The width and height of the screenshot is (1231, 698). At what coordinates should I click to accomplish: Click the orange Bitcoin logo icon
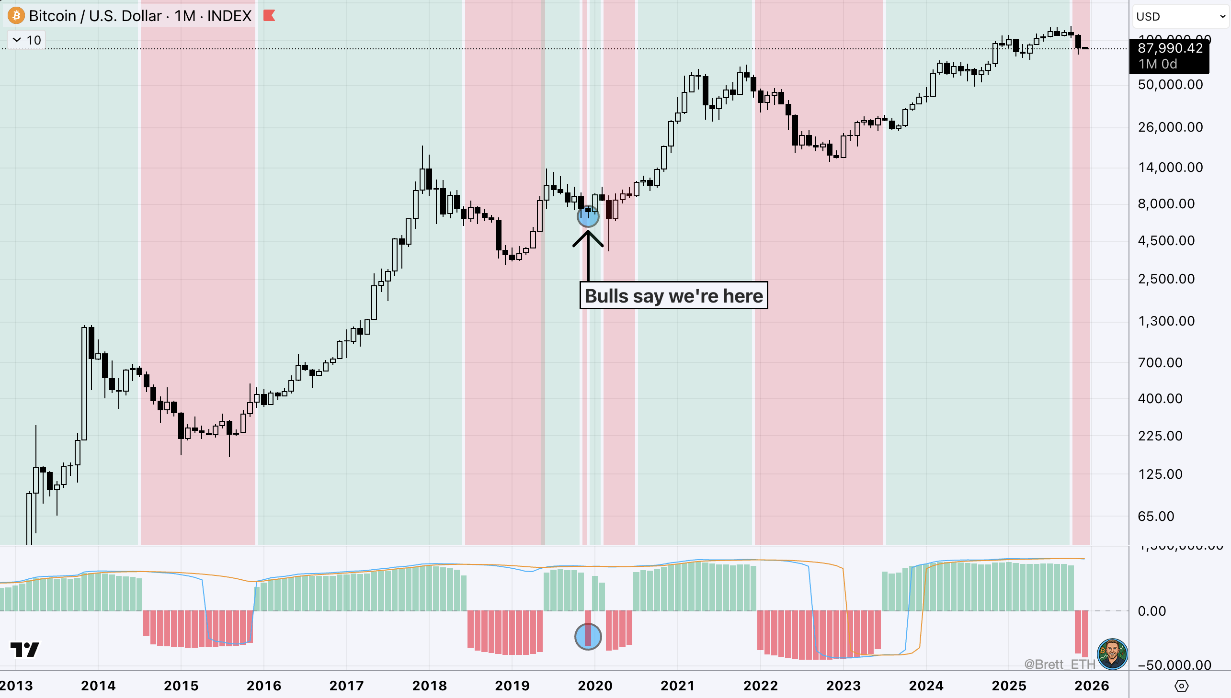click(x=16, y=16)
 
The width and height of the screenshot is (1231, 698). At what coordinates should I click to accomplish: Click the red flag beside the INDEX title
click(x=269, y=16)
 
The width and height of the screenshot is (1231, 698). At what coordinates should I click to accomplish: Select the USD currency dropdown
click(x=1180, y=17)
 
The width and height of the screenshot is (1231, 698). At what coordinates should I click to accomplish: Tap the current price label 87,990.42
click(x=1170, y=48)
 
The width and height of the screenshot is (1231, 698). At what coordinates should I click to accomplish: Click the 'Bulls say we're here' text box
click(x=673, y=296)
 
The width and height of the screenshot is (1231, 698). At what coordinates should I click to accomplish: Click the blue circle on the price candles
click(x=588, y=217)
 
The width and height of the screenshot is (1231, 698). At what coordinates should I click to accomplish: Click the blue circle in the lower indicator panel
click(x=588, y=637)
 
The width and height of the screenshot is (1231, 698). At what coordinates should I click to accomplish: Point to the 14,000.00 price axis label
click(x=1170, y=167)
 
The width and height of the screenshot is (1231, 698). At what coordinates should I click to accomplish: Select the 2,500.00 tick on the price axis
click(x=1166, y=279)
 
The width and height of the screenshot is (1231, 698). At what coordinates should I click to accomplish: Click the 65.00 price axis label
click(x=1156, y=516)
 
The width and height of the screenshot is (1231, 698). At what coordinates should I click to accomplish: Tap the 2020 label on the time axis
click(x=594, y=686)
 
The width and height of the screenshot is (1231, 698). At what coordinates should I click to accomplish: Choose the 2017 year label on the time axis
click(x=347, y=686)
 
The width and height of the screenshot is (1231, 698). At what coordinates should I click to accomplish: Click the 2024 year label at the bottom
click(x=926, y=686)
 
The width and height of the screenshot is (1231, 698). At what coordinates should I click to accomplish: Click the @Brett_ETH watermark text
click(x=1060, y=664)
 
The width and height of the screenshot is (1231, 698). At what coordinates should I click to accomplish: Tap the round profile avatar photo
click(x=1113, y=653)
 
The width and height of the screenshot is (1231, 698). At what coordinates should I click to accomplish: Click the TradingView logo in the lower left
click(x=25, y=650)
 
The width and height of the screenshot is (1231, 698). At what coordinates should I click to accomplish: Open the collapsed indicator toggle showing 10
click(x=27, y=40)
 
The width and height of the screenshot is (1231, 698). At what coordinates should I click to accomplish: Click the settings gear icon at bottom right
click(x=1181, y=686)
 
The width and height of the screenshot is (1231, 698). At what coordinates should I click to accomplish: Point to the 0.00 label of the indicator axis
click(x=1151, y=611)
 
